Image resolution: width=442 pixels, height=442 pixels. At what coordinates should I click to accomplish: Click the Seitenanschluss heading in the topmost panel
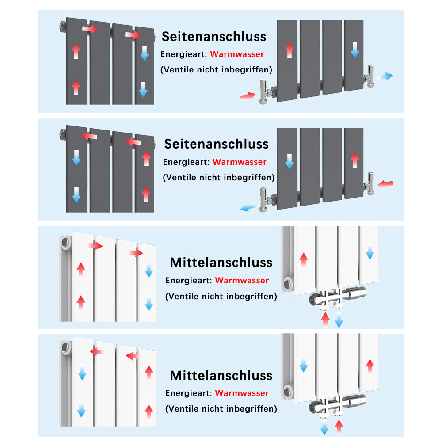[214, 36]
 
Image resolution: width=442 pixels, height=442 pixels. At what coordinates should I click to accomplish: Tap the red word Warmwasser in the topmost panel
[237, 54]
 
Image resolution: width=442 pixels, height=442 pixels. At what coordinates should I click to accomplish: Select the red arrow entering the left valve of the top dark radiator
[248, 95]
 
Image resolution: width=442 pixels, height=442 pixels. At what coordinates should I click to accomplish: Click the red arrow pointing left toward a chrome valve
[385, 183]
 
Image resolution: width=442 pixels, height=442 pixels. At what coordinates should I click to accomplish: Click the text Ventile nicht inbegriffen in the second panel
[218, 177]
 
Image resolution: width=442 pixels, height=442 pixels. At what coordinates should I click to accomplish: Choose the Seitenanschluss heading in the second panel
[216, 144]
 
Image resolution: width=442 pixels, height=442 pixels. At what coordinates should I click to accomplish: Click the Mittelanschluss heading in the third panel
[221, 262]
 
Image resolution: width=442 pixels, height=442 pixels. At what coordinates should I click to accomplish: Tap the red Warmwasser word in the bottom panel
[242, 393]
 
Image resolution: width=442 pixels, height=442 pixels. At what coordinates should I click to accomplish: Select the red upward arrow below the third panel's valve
[325, 319]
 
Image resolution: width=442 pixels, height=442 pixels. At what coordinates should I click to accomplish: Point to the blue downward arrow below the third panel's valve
[339, 319]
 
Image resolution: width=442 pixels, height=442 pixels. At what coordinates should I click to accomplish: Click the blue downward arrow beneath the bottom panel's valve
[325, 427]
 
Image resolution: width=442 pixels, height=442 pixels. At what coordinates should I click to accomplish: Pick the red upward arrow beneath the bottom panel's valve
[339, 427]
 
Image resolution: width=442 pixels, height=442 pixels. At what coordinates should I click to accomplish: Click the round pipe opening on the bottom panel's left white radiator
[66, 348]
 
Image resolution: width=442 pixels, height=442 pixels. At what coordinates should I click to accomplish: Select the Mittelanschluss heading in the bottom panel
[221, 375]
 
